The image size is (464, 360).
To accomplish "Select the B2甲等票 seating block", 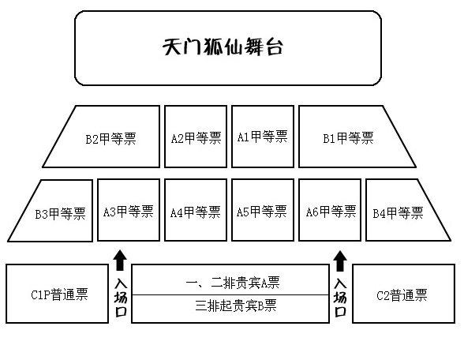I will [x=110, y=137].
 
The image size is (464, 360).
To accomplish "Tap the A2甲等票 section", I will [x=195, y=137].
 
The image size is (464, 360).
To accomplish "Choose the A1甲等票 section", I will [x=262, y=137].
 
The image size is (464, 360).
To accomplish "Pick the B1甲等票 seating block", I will [x=347, y=137].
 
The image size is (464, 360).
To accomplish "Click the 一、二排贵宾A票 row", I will [x=230, y=281].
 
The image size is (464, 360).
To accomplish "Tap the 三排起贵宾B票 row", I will [x=230, y=306].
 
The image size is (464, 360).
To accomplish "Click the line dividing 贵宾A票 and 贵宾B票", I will [x=230, y=294].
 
